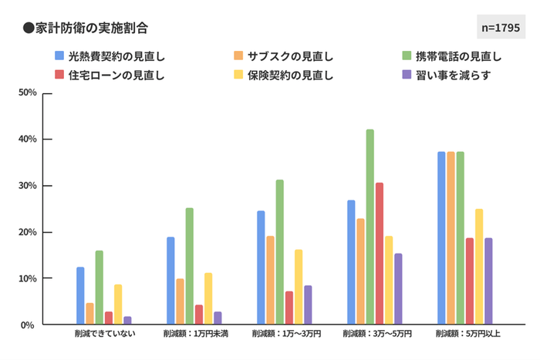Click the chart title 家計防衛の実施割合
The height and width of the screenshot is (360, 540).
tap(85, 28)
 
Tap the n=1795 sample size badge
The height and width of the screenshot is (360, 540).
tap(500, 28)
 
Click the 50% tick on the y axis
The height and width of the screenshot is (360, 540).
tap(28, 93)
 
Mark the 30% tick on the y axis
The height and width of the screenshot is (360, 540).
tap(28, 186)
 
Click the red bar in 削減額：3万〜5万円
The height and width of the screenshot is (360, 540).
tap(379, 254)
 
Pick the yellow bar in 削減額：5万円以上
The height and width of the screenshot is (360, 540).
tap(479, 267)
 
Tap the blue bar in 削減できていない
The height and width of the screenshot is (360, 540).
tap(80, 296)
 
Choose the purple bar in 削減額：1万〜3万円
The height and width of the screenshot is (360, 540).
tap(308, 305)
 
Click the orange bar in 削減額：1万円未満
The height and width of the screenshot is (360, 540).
tap(180, 301)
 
